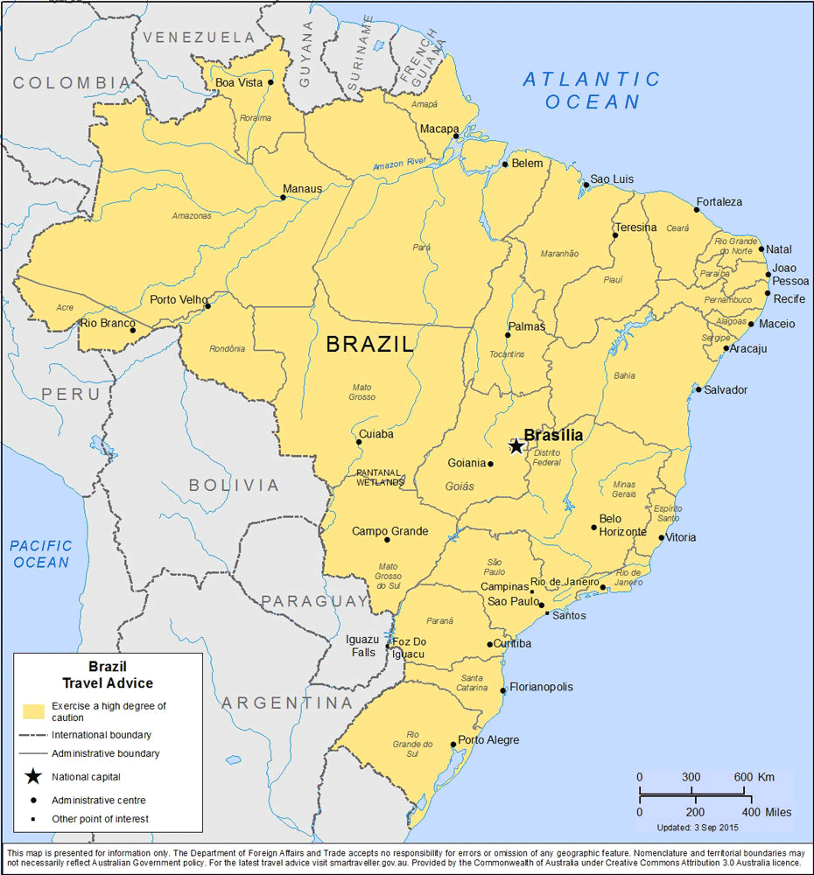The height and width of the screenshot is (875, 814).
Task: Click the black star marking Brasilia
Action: pos(516,446)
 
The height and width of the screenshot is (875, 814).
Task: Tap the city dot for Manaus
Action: pos(283,198)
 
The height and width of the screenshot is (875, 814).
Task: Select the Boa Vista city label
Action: pos(238,83)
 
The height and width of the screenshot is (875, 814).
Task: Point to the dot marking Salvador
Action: pos(698,389)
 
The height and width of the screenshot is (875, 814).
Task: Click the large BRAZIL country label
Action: pos(369,345)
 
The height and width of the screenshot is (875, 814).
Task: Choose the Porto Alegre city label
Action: pos(488,740)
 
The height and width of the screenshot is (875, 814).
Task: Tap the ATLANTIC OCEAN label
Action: pos(593,90)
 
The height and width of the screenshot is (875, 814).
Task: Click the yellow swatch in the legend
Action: pos(34,710)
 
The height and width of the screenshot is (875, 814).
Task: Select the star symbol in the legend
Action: pos(32,776)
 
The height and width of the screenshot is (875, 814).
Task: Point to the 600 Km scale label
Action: pos(754,777)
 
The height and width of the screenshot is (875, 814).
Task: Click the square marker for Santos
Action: pos(547,613)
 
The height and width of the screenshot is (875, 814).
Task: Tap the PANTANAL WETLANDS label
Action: pos(380,477)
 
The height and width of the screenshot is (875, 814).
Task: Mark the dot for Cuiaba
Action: pos(359,442)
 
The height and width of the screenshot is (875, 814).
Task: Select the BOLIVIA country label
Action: pos(234,485)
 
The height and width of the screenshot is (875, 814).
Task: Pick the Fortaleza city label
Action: pos(719,202)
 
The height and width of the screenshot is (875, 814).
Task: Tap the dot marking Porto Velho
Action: pos(207,306)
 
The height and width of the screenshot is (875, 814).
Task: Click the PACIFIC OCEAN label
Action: pos(41,554)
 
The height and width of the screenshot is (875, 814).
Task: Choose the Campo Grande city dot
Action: pos(387,540)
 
